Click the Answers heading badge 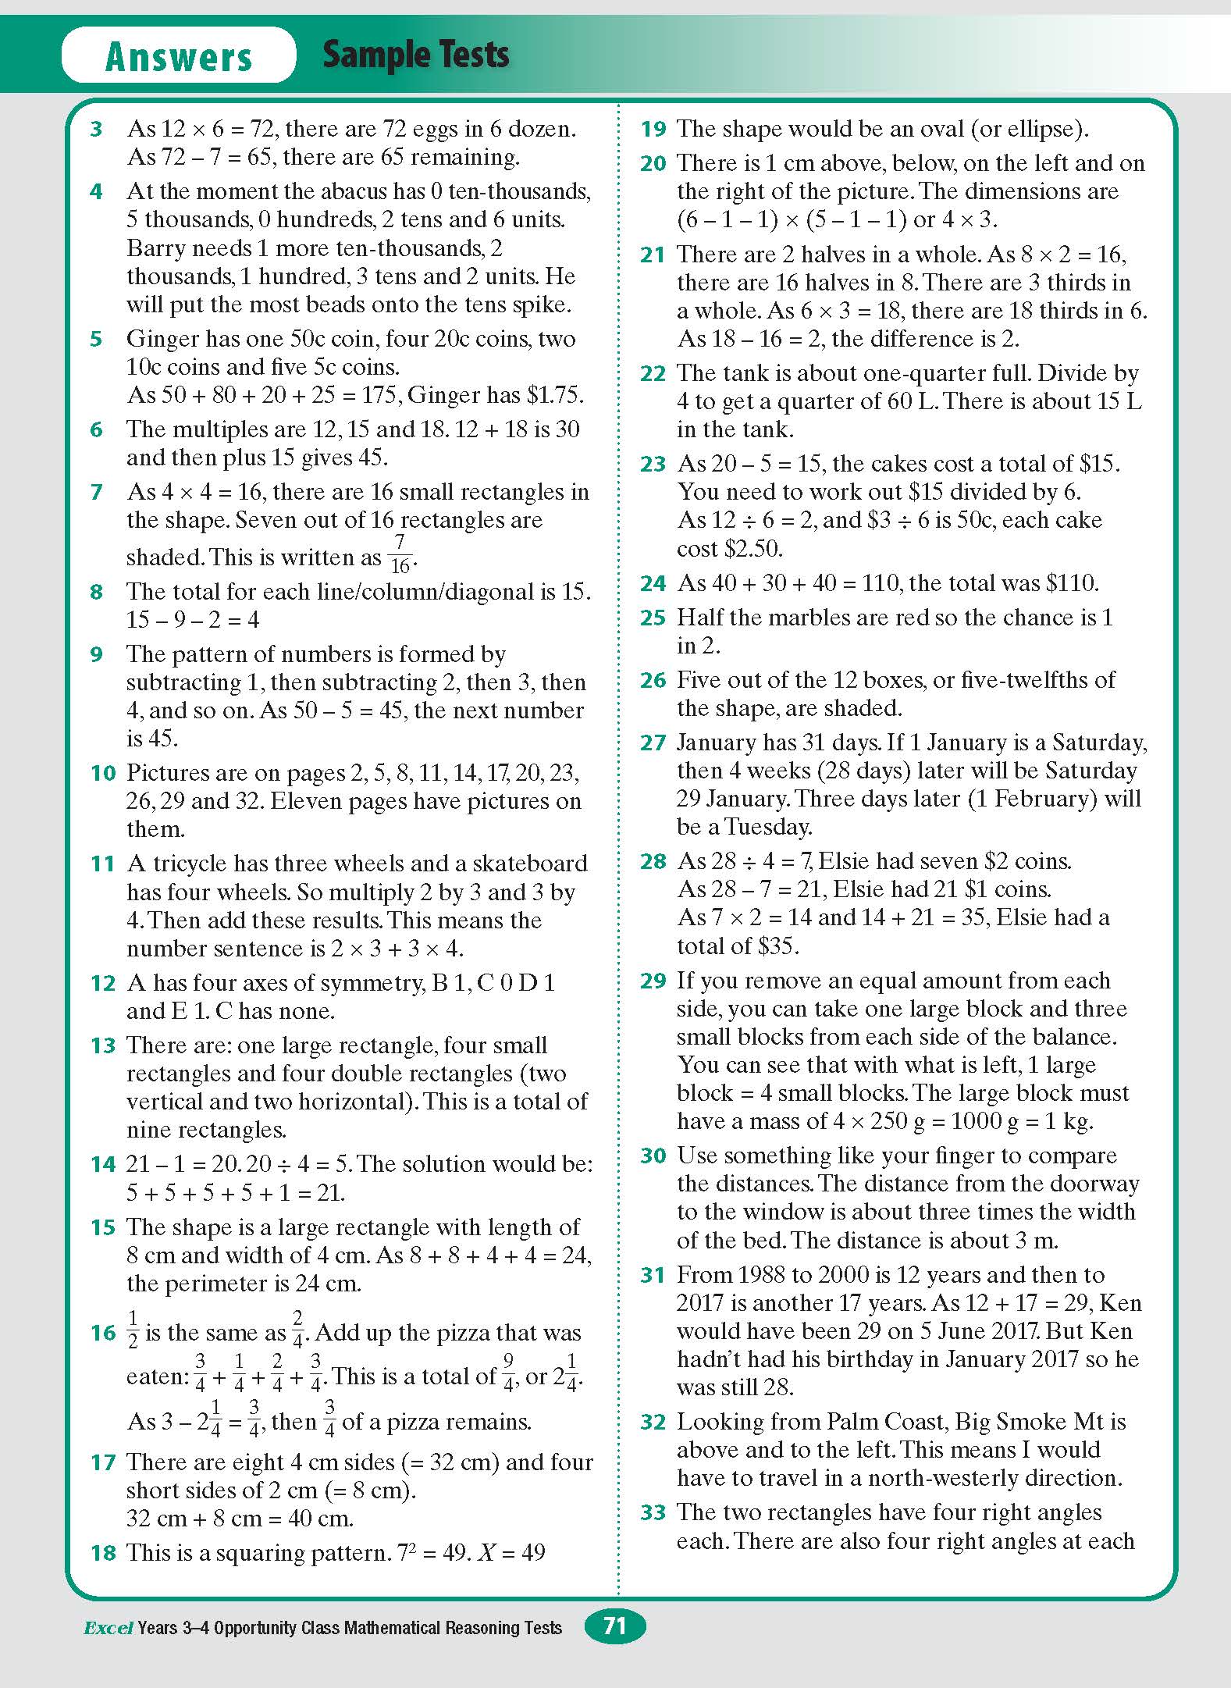(x=179, y=56)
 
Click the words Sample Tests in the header (x=415, y=55)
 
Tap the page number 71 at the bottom (x=615, y=1626)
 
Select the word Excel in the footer (x=108, y=1628)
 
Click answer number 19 (x=653, y=129)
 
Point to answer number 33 (x=653, y=1513)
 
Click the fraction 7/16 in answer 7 (x=400, y=554)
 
